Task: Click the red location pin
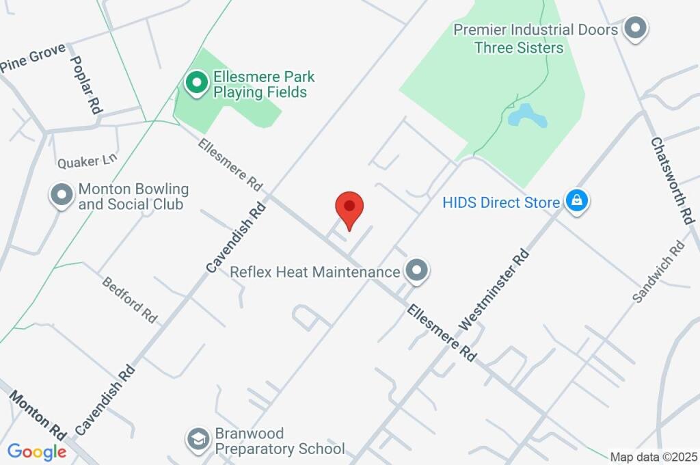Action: point(349,208)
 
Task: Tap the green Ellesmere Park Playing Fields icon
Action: point(197,83)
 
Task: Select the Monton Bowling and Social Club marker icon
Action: point(62,195)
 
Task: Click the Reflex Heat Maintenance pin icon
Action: point(416,271)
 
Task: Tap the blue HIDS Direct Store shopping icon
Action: point(577,202)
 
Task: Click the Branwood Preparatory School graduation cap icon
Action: point(198,439)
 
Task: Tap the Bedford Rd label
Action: point(130,300)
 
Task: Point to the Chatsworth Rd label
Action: point(672,181)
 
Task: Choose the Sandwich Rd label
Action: point(658,271)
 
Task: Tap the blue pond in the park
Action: point(526,117)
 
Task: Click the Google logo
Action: point(36,451)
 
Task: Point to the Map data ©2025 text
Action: point(653,457)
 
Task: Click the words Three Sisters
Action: point(519,47)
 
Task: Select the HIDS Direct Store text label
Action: point(501,202)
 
